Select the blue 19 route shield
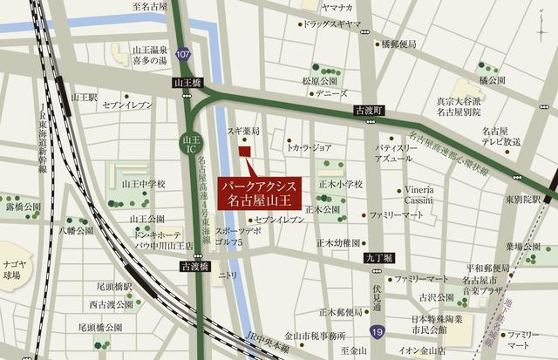(x=375, y=332)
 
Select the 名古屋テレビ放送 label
(x=500, y=135)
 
